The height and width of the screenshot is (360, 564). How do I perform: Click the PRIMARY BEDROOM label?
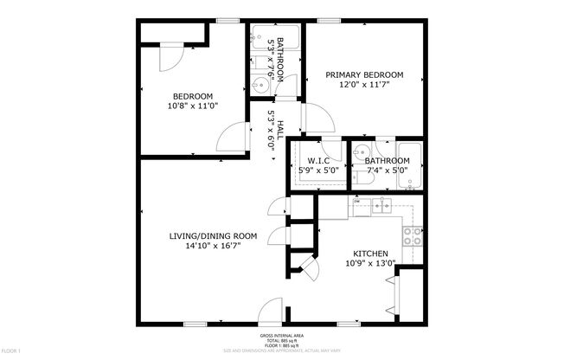[364, 75]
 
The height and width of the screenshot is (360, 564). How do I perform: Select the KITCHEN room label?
[369, 254]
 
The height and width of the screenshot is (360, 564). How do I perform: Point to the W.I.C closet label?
[317, 161]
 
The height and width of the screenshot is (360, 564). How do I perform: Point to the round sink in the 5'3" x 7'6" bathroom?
[260, 86]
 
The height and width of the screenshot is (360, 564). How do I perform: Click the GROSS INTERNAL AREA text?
[282, 335]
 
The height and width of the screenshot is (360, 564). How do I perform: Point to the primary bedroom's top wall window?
[327, 19]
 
